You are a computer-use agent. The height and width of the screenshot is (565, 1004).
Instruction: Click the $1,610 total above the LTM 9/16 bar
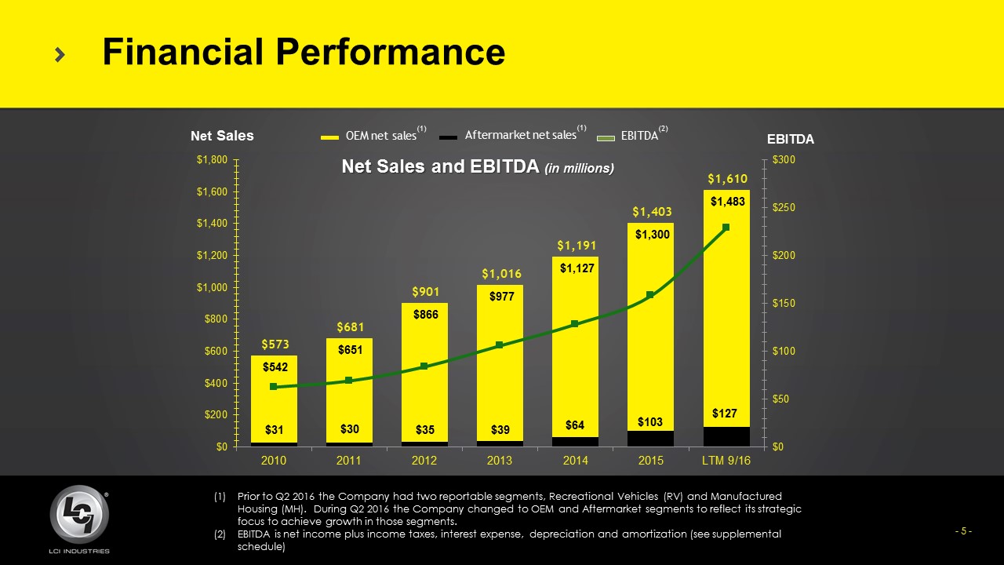(x=726, y=179)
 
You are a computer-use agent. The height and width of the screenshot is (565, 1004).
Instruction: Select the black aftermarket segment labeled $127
(x=726, y=436)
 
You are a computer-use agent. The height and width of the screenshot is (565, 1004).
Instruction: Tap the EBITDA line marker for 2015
(x=650, y=295)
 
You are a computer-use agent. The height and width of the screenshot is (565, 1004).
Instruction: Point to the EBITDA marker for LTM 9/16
(x=726, y=228)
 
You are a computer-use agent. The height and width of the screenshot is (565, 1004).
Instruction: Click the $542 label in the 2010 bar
(x=275, y=366)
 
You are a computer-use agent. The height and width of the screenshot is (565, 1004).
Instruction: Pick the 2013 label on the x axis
(x=499, y=461)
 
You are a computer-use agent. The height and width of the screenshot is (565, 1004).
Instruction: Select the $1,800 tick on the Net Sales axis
(x=211, y=160)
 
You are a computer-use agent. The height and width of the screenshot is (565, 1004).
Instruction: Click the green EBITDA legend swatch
(x=607, y=137)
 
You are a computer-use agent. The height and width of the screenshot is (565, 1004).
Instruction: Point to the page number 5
(x=963, y=531)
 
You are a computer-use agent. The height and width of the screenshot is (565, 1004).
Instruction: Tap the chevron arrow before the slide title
(x=60, y=53)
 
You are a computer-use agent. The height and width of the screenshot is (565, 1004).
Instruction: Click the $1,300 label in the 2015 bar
(x=651, y=234)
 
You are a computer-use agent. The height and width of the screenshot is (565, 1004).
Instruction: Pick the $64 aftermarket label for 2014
(x=575, y=425)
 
